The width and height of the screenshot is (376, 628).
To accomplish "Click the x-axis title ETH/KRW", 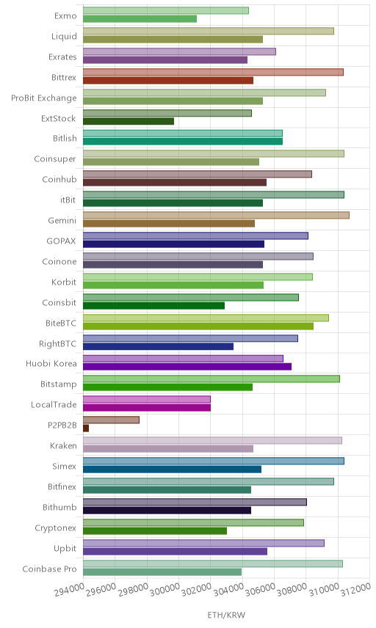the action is [226, 615].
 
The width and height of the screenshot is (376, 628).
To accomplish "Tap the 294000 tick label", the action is [69, 589].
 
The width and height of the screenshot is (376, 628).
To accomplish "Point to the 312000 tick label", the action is [355, 589].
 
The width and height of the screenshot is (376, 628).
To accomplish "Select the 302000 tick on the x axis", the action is [196, 589].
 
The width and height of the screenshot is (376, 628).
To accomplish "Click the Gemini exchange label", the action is [62, 220].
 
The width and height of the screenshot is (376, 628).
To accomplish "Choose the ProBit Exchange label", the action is [43, 98].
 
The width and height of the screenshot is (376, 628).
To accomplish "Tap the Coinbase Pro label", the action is [49, 569].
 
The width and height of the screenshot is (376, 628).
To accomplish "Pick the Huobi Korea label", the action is [51, 363].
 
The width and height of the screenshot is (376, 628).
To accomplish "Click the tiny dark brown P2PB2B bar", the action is [86, 428].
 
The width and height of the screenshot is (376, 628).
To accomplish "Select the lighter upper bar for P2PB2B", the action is [111, 420].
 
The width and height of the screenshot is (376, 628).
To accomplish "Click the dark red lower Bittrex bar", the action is [168, 81].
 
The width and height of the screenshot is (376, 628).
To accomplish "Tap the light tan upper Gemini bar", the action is [216, 215].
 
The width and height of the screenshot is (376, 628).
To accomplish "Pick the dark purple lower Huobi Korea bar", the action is [187, 367].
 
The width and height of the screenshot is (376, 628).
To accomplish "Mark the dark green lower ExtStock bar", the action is [129, 121].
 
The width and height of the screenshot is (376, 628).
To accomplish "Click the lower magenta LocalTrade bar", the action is [147, 408].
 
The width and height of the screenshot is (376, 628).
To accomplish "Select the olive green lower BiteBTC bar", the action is [198, 326].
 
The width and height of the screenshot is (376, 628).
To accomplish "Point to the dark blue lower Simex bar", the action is [172, 469].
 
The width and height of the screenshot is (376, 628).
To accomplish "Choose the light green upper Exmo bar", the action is [166, 10].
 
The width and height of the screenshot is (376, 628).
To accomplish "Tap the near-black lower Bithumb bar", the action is [167, 511].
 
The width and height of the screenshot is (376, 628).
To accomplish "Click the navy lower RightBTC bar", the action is [158, 346].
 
